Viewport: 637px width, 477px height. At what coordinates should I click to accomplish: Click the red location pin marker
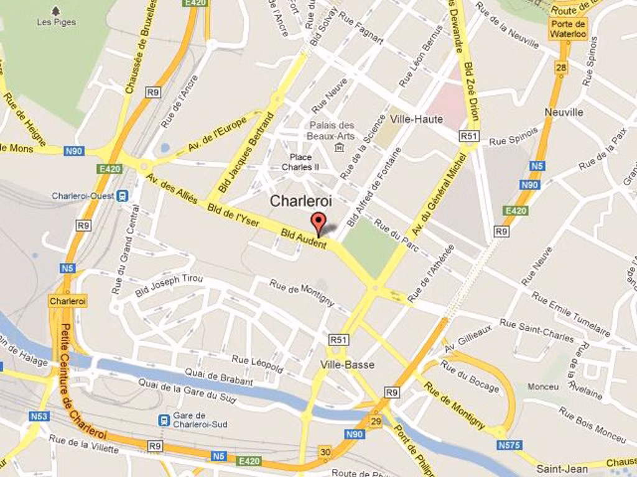[x=318, y=222]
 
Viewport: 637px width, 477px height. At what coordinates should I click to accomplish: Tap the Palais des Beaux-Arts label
[x=332, y=130]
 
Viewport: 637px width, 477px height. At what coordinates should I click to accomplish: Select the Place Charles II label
[x=300, y=162]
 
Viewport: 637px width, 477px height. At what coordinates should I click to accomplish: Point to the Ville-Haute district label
[x=416, y=119]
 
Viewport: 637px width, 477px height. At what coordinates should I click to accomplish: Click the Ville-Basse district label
[x=347, y=365]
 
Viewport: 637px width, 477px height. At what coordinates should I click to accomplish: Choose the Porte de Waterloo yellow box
[x=568, y=29]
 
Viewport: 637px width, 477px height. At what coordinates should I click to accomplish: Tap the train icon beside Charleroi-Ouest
[x=122, y=196]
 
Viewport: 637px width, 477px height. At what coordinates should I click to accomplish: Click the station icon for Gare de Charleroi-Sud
[x=164, y=420]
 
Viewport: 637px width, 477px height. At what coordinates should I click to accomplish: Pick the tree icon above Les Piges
[x=56, y=11]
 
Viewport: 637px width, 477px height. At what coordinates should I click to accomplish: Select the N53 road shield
[x=39, y=416]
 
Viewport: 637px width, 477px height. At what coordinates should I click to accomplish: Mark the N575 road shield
[x=509, y=445]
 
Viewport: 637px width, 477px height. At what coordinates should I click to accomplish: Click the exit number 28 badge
[x=561, y=67]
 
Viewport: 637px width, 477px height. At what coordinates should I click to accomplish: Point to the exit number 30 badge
[x=324, y=452]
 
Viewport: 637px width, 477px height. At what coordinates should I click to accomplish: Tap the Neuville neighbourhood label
[x=564, y=112]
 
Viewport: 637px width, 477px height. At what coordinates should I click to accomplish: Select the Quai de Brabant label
[x=219, y=376]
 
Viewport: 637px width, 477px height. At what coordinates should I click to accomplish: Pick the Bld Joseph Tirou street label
[x=169, y=285]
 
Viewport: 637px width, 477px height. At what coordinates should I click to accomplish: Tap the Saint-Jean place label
[x=562, y=469]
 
